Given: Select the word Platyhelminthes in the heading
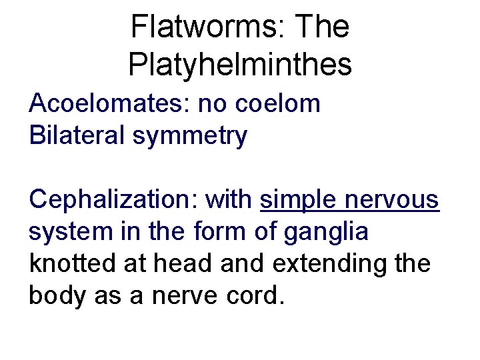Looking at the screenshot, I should pyautogui.click(x=240, y=65).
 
